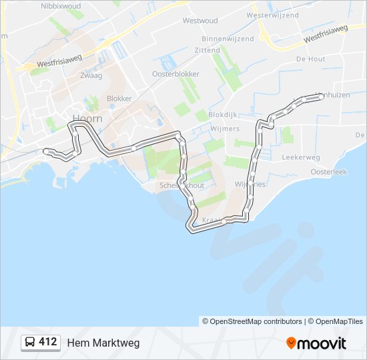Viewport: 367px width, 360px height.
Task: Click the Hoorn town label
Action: [x=87, y=119]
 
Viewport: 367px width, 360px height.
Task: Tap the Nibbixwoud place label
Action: [x=60, y=5]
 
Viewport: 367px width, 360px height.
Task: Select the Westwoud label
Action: [x=200, y=21]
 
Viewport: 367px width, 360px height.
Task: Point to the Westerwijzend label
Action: [x=272, y=15]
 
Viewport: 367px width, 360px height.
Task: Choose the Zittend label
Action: [x=207, y=50]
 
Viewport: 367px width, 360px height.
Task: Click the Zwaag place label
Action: [x=90, y=76]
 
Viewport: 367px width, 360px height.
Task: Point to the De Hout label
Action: [x=310, y=59]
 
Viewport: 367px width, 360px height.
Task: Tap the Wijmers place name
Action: [x=224, y=129]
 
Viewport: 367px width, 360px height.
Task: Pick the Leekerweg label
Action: [x=301, y=158]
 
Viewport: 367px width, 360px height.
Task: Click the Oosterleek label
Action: [x=329, y=171]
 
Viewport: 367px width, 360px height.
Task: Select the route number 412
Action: [x=47, y=342]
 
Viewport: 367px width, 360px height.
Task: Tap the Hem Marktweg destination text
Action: [x=103, y=343]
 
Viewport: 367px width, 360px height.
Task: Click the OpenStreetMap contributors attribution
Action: [x=252, y=321]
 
